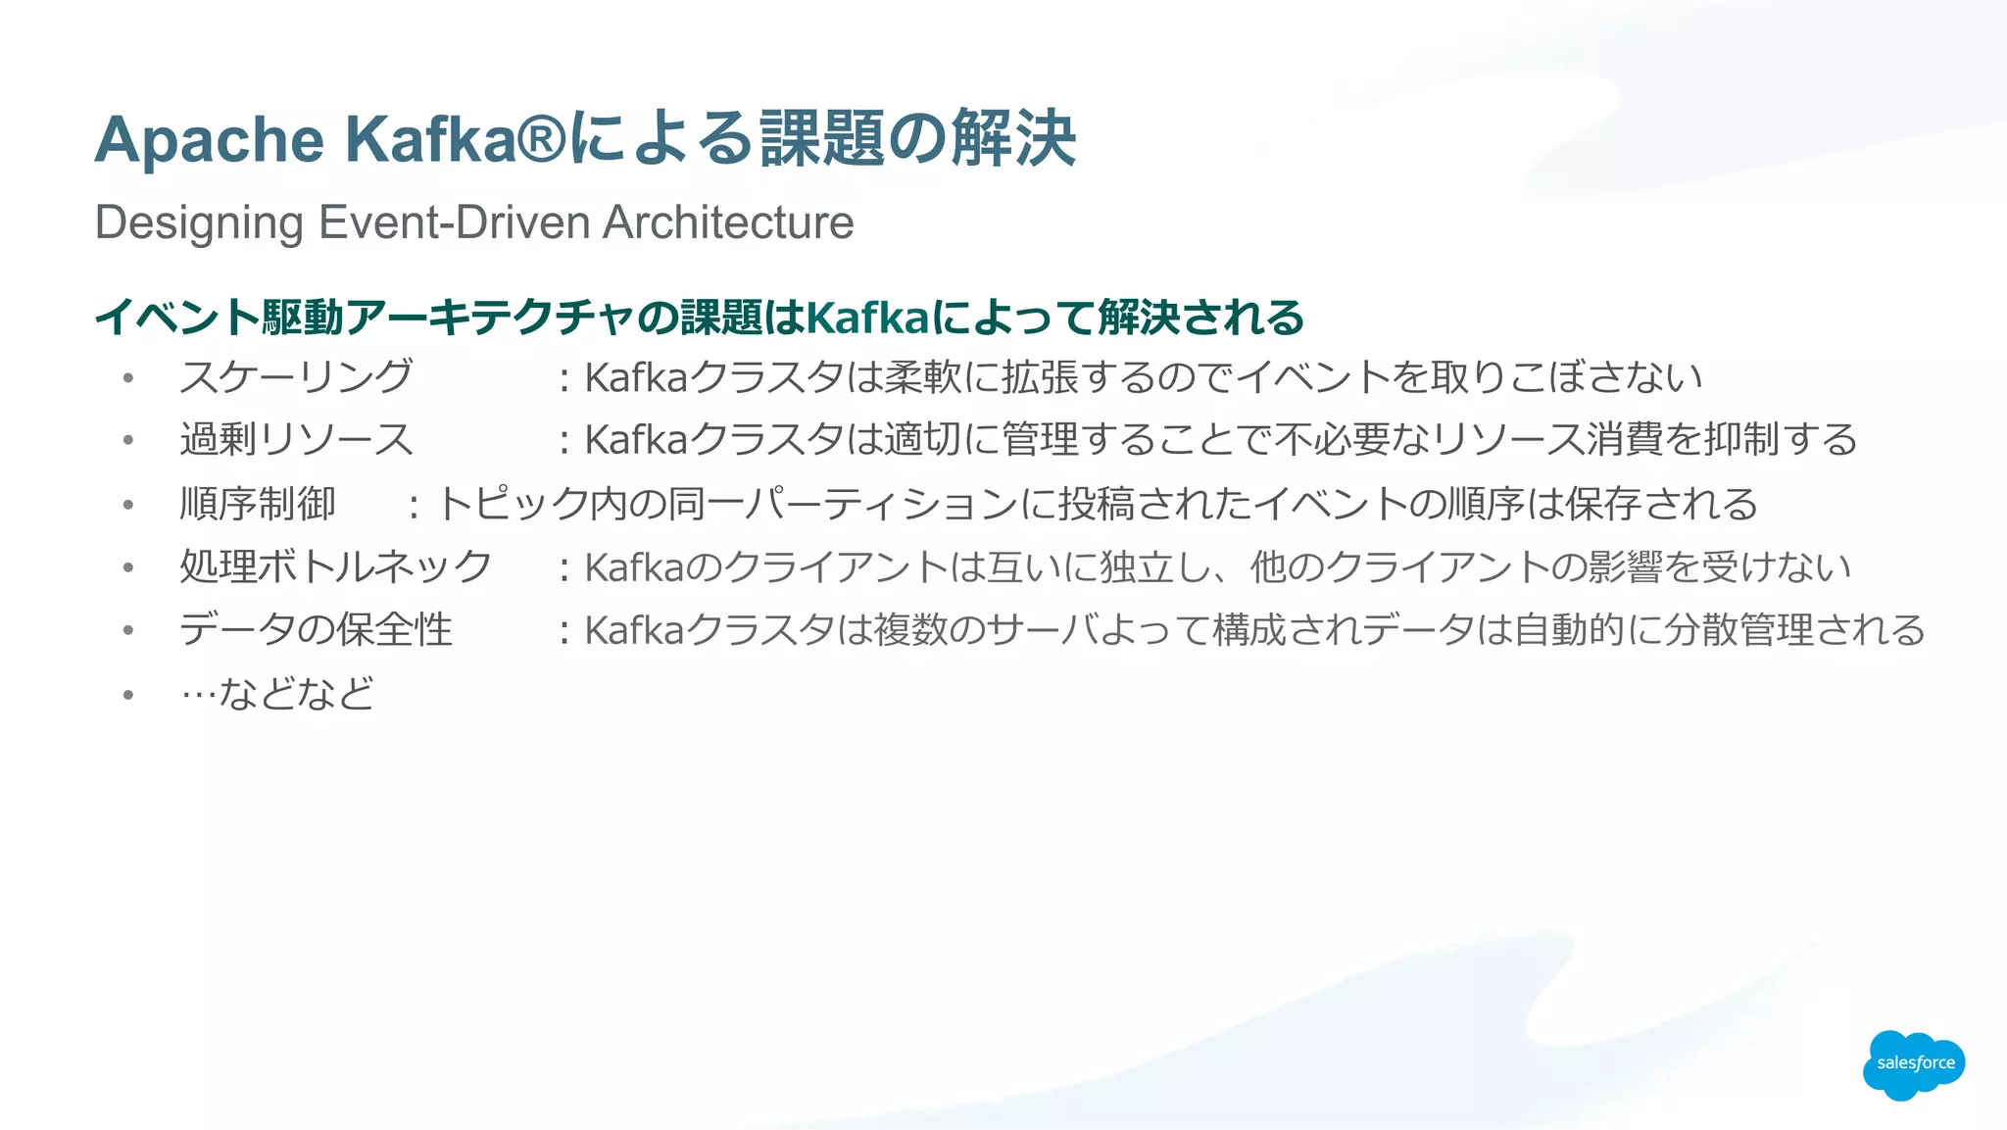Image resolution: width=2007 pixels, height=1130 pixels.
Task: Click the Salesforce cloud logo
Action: pos(1913,1064)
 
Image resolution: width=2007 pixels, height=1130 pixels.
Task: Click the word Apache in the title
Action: pos(209,140)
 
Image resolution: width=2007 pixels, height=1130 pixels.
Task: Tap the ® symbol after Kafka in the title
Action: pos(541,138)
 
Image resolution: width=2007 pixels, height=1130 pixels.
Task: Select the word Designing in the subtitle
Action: pos(199,223)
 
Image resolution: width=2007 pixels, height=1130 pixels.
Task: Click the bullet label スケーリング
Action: pos(296,377)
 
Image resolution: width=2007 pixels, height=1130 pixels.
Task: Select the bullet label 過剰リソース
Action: pos(296,439)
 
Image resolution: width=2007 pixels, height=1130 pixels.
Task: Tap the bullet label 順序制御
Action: pos(258,504)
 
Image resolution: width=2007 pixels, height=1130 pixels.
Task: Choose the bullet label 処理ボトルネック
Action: pos(335,566)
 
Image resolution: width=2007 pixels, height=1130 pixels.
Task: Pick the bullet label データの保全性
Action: pos(316,629)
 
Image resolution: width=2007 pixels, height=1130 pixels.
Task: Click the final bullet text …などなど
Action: pos(277,694)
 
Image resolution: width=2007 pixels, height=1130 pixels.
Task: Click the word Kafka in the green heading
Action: pos(866,318)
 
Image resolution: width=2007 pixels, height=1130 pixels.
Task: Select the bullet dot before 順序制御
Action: pos(128,505)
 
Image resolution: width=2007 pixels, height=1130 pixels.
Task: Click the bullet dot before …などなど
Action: pos(128,695)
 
